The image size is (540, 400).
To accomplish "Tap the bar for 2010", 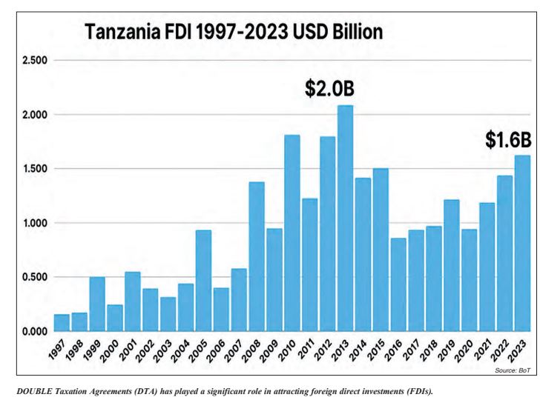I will [292, 233].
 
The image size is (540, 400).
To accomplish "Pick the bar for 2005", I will [204, 281].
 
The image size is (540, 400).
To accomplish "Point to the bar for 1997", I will [62, 323].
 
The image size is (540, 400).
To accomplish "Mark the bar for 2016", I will [398, 284].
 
